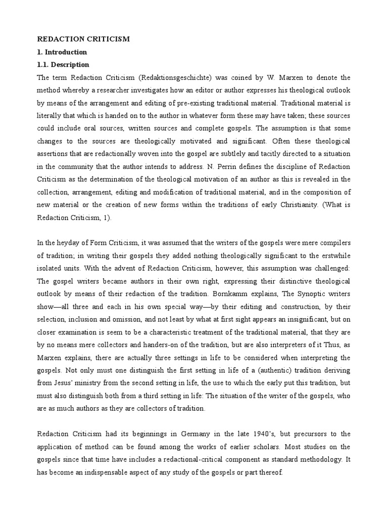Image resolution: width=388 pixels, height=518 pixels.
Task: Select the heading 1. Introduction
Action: [63, 52]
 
